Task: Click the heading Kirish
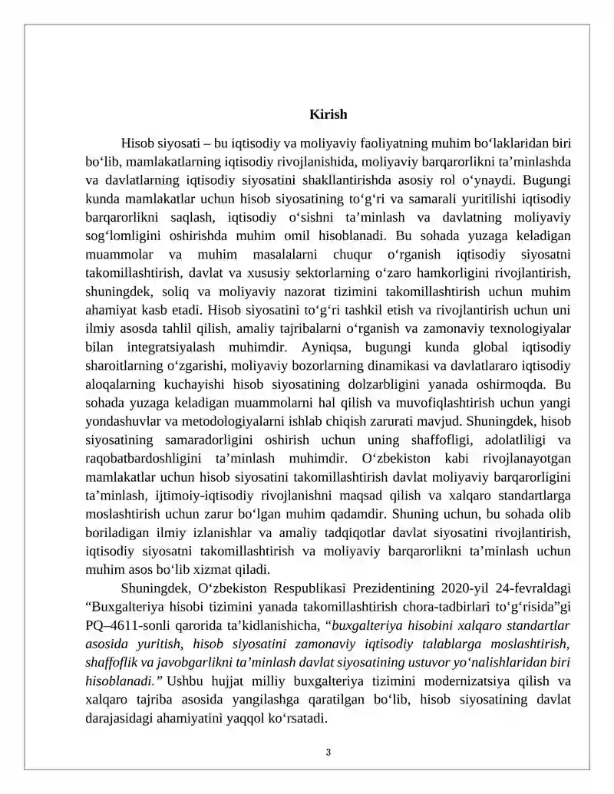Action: coord(328,115)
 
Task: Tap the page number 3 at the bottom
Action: coord(328,753)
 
